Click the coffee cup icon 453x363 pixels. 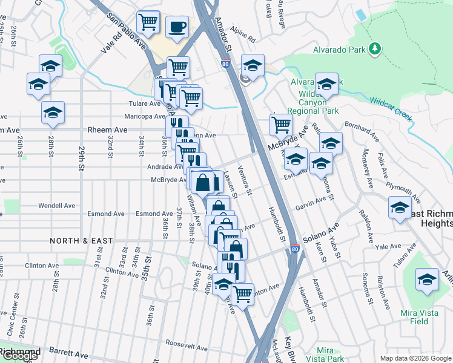(177, 27)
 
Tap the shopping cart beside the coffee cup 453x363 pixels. (148, 22)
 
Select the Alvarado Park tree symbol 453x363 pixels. (375, 48)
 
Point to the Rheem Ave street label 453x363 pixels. (107, 130)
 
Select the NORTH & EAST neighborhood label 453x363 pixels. (82, 241)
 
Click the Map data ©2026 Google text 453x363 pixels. (415, 359)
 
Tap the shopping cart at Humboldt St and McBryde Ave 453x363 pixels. (281, 125)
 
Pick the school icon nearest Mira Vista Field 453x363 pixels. (427, 280)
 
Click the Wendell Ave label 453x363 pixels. (56, 206)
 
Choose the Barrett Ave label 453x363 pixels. (72, 355)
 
